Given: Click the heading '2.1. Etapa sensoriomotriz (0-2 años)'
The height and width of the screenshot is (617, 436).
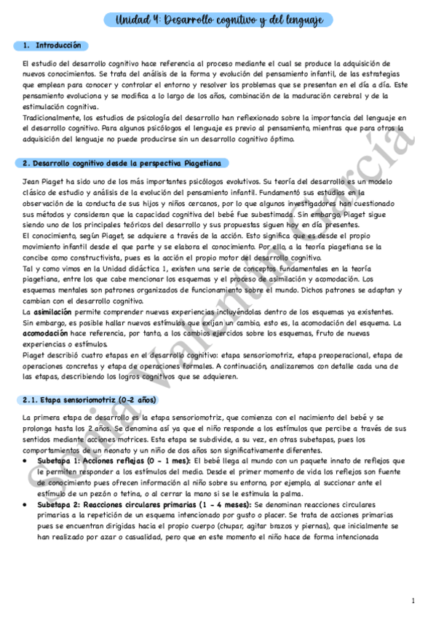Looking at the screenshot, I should click(x=90, y=399).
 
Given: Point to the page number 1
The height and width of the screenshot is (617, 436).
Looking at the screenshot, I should click(x=413, y=601).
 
